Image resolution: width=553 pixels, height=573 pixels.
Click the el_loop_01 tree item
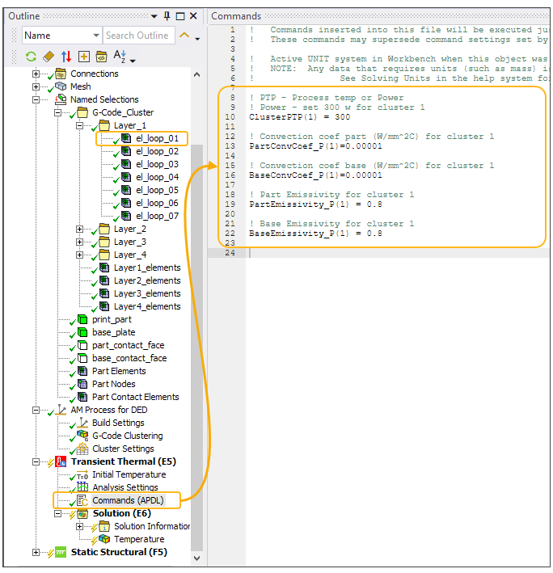157,138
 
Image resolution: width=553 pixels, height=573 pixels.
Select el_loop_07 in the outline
157,216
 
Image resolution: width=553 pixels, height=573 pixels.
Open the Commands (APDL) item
128,500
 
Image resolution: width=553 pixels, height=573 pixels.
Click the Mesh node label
80,86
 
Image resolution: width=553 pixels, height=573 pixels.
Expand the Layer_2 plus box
80,230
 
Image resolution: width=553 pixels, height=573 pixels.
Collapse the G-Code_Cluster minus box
57,112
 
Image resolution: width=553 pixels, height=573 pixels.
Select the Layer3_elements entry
147,293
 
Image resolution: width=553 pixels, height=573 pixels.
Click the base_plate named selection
114,332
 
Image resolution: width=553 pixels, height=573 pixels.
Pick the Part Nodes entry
114,384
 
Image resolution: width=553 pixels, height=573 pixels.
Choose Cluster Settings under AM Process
123,449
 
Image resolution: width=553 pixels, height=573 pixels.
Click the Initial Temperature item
129,474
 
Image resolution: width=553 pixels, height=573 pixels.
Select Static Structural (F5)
119,552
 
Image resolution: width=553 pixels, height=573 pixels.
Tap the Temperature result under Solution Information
139,539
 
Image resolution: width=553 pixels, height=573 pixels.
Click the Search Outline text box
138,36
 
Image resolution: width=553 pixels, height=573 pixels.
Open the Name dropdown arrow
96,36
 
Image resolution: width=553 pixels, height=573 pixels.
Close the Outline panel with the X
193,15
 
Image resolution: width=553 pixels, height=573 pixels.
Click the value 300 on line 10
343,117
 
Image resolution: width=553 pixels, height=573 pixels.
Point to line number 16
230,175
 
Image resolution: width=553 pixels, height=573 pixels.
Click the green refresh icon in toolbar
31,57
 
